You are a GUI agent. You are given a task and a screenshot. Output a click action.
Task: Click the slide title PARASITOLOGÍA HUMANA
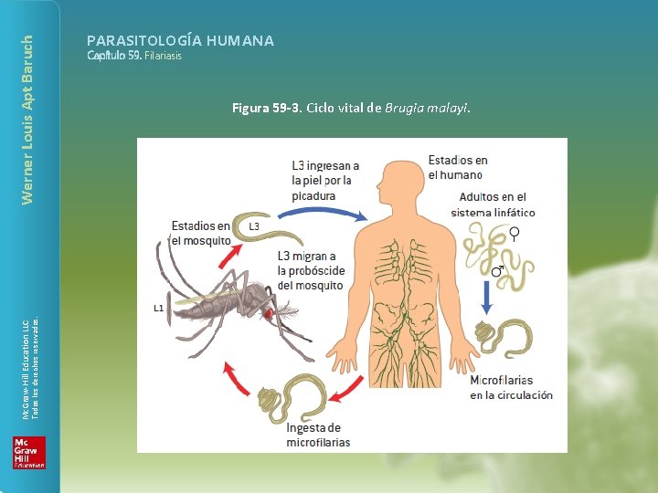[180, 40]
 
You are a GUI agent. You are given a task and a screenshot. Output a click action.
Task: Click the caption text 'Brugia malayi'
[427, 108]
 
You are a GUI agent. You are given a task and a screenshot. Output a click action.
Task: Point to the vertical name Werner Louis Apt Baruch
[27, 119]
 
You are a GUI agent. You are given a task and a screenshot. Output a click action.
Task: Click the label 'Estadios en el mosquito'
[201, 233]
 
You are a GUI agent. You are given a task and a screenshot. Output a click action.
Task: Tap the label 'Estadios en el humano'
[458, 167]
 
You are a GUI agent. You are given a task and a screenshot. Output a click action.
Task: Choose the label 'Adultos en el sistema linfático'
[493, 205]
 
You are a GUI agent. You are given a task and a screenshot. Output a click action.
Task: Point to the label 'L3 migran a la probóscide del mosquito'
[311, 271]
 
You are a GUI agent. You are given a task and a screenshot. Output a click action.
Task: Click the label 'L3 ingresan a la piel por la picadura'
[325, 181]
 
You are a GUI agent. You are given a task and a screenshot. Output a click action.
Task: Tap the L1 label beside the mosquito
[158, 309]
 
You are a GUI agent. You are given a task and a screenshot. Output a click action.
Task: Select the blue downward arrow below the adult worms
[488, 294]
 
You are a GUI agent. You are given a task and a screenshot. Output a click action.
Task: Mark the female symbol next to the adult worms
[515, 234]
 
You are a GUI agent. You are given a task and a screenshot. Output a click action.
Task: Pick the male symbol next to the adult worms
[498, 270]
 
